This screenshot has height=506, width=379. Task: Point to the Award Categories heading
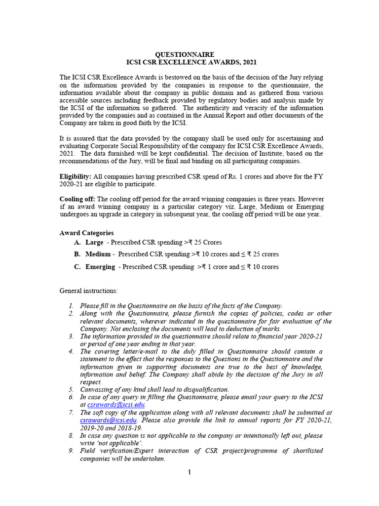coord(86,233)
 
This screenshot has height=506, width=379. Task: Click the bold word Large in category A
coord(94,243)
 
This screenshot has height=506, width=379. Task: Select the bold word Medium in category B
coord(98,254)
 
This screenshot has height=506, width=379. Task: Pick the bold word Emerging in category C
coord(100,267)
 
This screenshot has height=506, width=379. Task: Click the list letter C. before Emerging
coord(77,267)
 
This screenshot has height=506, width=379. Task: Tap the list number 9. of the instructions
coord(72,451)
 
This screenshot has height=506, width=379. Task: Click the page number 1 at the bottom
coord(189,472)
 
